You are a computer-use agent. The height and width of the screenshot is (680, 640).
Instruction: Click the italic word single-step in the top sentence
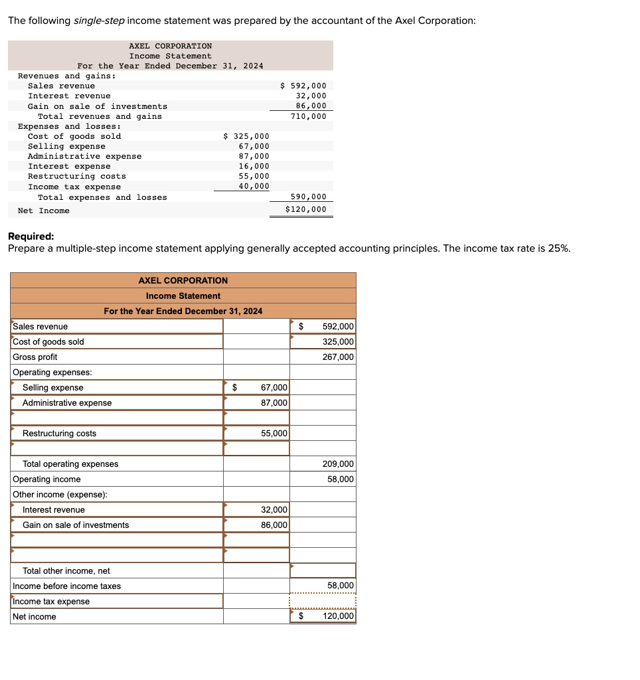tap(98, 21)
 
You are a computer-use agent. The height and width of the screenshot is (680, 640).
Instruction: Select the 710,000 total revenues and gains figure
tap(309, 116)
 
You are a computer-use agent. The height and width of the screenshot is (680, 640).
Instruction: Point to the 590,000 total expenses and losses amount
tap(309, 197)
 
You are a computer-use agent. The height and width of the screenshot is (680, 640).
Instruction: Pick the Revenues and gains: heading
tap(66, 76)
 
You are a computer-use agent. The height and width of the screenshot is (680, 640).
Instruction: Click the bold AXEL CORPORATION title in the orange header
tap(183, 280)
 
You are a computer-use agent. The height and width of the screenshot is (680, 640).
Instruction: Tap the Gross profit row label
tap(35, 357)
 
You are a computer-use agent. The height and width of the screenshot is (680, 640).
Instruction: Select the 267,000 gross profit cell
tap(338, 357)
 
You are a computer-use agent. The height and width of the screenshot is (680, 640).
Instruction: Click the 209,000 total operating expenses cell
tap(338, 464)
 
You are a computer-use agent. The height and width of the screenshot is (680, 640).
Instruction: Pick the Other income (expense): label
tap(60, 495)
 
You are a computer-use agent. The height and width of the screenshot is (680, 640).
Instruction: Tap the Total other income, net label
tap(66, 571)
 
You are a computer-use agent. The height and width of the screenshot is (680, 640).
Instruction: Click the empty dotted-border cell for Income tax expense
tap(323, 602)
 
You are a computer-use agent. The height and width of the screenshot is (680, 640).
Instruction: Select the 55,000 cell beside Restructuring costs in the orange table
tap(274, 434)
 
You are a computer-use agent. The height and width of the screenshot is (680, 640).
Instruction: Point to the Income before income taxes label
tap(66, 586)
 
